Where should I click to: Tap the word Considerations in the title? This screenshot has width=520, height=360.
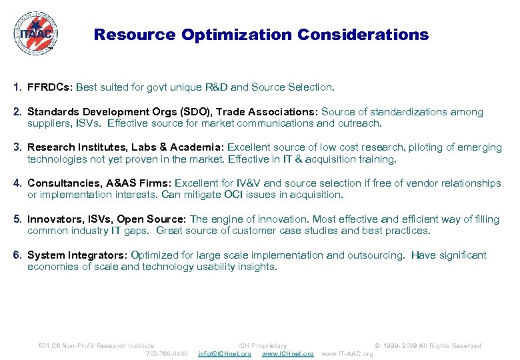click(363, 35)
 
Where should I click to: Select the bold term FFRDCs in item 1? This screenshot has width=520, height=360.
click(51, 87)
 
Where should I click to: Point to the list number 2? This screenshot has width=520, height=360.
click(16, 112)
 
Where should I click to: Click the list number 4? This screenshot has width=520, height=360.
click(16, 183)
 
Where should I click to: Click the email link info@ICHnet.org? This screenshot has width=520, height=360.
click(225, 353)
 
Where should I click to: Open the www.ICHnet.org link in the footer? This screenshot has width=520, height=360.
click(287, 353)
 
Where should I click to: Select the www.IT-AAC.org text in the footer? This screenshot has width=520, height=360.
click(347, 353)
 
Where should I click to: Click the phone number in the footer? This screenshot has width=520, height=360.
click(167, 353)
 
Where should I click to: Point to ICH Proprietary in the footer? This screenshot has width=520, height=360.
click(262, 345)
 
